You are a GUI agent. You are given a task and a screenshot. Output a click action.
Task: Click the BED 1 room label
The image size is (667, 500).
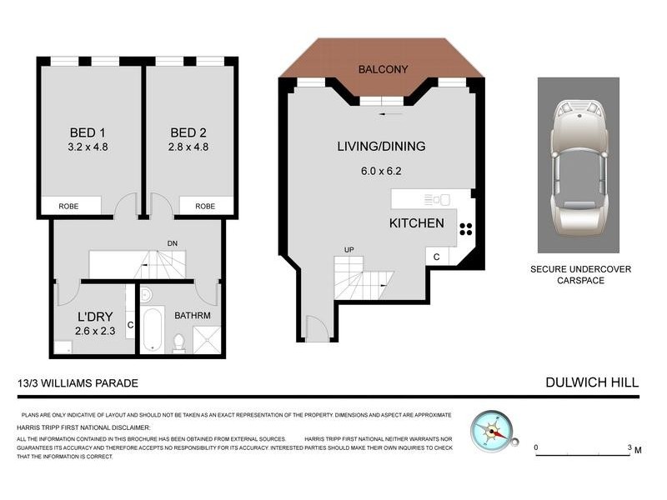click(91, 132)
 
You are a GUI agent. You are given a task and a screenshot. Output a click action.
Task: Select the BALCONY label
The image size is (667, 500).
click(382, 69)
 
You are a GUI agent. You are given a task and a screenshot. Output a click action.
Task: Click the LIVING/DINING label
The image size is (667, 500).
click(381, 147)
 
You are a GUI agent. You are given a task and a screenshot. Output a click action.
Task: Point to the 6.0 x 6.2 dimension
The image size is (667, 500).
click(381, 173)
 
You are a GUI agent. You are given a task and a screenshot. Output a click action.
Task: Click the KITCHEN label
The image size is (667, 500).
click(417, 223)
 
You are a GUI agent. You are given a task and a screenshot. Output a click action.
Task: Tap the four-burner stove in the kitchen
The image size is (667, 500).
click(465, 230)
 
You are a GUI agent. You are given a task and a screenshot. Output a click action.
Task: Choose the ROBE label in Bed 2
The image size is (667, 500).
click(204, 206)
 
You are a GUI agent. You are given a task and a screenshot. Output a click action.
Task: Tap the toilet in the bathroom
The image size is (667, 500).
click(178, 342)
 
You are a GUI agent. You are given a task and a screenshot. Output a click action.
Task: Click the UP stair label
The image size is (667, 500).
click(349, 249)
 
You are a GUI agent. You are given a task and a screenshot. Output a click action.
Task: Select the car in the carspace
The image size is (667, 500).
click(578, 164)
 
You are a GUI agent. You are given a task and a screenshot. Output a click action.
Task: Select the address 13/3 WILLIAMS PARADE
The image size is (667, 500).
click(76, 383)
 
